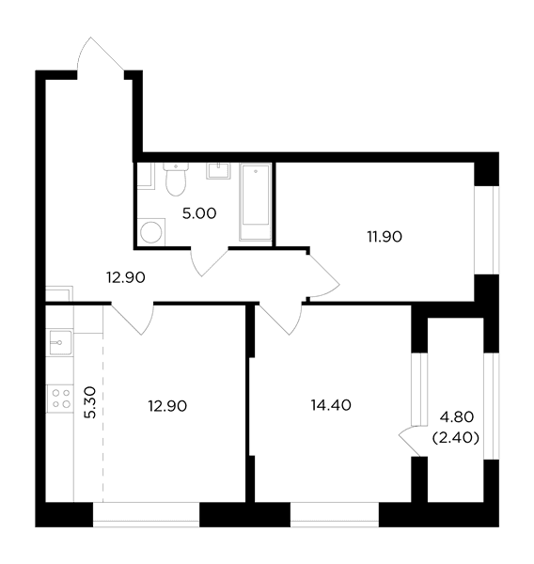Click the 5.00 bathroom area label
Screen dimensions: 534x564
click(199, 213)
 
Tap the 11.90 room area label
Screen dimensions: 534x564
click(385, 237)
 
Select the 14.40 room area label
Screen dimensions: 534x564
click(331, 405)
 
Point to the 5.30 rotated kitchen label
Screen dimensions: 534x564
click(90, 402)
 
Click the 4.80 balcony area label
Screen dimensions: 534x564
click(457, 417)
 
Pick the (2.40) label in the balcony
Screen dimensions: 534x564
click(456, 438)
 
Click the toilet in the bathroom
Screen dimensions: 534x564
click(176, 179)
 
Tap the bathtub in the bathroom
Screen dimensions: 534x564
click(256, 201)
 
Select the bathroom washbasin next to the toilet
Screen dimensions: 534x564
click(218, 171)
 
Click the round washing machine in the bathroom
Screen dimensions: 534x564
click(150, 232)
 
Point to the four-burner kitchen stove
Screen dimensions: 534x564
click(60, 399)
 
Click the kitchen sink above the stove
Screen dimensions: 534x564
click(60, 343)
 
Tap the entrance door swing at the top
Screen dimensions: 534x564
click(100, 55)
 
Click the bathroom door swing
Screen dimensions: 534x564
click(209, 262)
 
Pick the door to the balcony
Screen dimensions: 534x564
click(411, 442)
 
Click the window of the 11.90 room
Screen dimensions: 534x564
click(486, 230)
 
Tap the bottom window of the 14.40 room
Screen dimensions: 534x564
click(335, 514)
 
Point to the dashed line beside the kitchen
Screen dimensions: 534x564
click(103, 403)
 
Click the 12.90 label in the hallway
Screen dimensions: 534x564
click(126, 277)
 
